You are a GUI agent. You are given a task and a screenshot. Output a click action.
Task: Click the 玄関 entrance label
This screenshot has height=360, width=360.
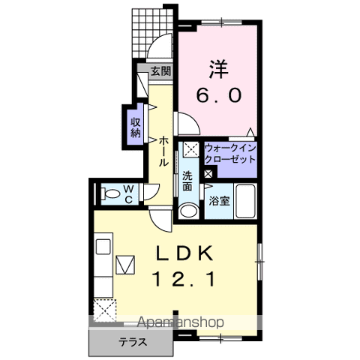point(160,71)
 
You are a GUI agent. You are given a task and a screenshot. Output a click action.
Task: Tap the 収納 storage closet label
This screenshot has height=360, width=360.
point(136,127)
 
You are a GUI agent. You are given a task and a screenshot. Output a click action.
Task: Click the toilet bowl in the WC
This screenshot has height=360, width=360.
point(110,193)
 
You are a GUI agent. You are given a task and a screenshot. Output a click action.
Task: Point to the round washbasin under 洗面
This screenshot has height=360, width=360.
point(189,211)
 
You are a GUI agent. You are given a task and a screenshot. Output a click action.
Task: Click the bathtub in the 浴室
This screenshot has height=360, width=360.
point(246,201)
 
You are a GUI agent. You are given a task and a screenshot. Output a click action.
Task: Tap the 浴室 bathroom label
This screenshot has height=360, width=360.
point(219,201)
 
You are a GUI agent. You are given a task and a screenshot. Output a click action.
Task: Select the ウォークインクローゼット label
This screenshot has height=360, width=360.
point(230,154)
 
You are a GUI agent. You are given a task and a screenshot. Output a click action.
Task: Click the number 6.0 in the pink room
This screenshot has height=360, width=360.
point(219,95)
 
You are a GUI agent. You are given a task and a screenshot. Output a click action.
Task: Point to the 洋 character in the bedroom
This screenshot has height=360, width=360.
point(219,69)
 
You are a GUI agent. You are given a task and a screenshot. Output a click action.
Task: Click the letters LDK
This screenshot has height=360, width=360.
point(184,253)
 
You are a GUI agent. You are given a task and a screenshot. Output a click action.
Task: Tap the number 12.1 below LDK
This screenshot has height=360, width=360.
point(184,279)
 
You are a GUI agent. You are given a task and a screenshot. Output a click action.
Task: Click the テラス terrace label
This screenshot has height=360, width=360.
point(132,342)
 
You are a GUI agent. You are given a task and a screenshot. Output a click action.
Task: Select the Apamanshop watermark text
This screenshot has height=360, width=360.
point(181,322)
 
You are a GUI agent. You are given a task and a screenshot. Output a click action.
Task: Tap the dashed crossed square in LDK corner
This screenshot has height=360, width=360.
point(105,310)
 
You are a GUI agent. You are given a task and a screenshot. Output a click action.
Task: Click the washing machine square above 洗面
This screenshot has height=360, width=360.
point(191,149)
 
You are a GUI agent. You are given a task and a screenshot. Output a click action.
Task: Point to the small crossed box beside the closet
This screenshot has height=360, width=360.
point(208,174)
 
